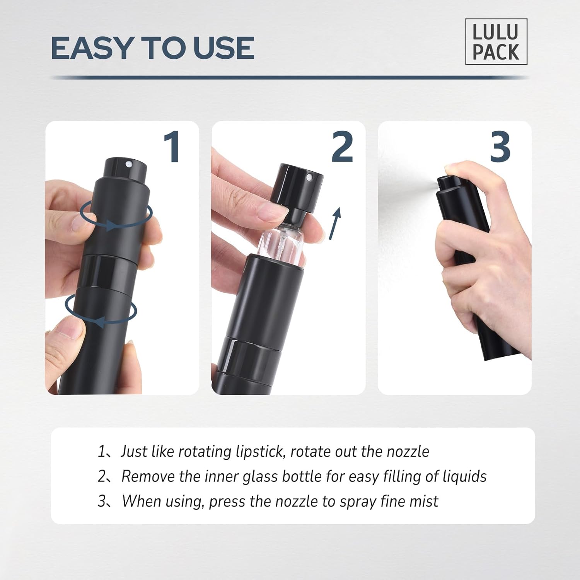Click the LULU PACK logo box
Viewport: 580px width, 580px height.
pyautogui.click(x=496, y=42)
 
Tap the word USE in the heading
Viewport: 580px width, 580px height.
pyautogui.click(x=223, y=48)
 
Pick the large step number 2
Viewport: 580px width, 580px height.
pyautogui.click(x=342, y=147)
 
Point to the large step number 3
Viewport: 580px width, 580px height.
pyautogui.click(x=500, y=147)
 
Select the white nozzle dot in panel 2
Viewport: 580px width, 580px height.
pyautogui.click(x=309, y=178)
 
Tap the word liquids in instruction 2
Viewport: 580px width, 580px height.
pyautogui.click(x=464, y=477)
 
